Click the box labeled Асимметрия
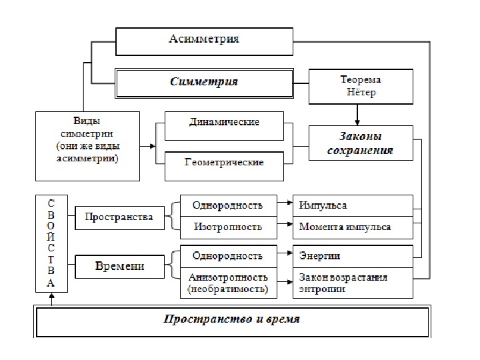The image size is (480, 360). click(x=204, y=41)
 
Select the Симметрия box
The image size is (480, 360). click(x=204, y=82)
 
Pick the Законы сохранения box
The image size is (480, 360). click(x=361, y=143)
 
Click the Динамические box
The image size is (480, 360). click(x=223, y=124)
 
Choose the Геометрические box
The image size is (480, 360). click(x=223, y=163)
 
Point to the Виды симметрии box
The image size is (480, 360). click(x=87, y=145)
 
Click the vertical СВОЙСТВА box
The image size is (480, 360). click(x=51, y=243)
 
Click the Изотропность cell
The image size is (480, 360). click(x=227, y=227)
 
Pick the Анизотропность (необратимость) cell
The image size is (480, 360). click(x=227, y=283)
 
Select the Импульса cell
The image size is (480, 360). click(x=353, y=205)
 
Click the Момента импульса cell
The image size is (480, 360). click(x=353, y=227)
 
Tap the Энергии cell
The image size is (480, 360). click(x=353, y=256)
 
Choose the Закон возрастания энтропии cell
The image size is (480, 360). click(x=353, y=283)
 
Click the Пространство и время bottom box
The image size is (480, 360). click(x=233, y=320)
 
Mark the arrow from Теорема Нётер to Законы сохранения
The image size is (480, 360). click(x=358, y=115)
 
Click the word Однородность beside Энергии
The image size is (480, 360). click(x=227, y=256)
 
